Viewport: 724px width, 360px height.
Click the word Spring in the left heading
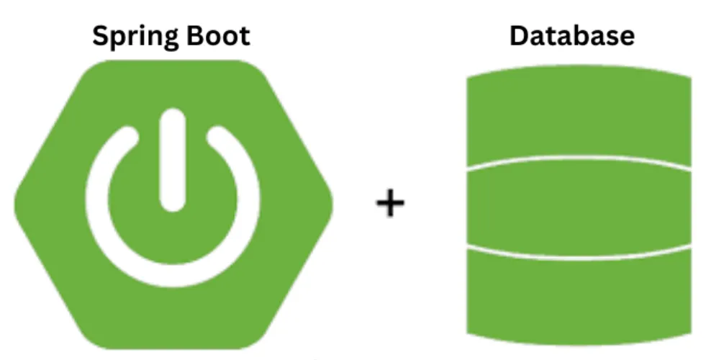[x=134, y=36]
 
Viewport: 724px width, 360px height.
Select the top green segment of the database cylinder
[x=579, y=119]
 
